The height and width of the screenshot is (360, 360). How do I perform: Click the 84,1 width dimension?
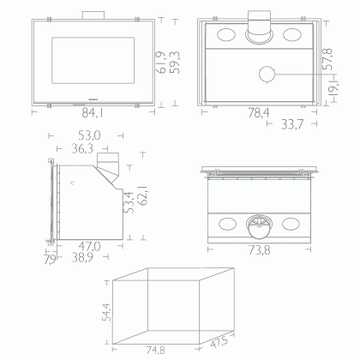92,113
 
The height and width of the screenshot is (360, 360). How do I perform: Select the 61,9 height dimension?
161,63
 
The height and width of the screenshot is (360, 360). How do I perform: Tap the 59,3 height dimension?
175,63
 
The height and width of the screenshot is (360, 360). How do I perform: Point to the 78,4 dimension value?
259,113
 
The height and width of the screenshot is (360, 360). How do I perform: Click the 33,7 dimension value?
291,124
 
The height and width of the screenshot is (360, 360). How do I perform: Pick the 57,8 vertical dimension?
327,59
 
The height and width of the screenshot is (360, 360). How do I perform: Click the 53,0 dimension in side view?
89,135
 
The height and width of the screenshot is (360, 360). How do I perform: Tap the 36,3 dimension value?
82,148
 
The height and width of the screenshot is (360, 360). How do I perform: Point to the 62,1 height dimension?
142,195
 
